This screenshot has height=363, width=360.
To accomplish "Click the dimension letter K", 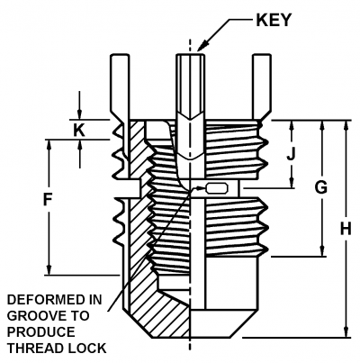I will pyautogui.click(x=78, y=130).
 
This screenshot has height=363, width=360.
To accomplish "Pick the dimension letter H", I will pyautogui.click(x=345, y=229).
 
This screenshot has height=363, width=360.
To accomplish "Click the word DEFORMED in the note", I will pyautogui.click(x=43, y=299).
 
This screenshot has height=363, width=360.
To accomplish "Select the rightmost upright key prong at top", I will pyautogui.click(x=260, y=86).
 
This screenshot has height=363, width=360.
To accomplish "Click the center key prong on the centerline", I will pyautogui.click(x=188, y=90).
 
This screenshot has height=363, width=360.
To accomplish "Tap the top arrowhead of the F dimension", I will pyautogui.click(x=49, y=142).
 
